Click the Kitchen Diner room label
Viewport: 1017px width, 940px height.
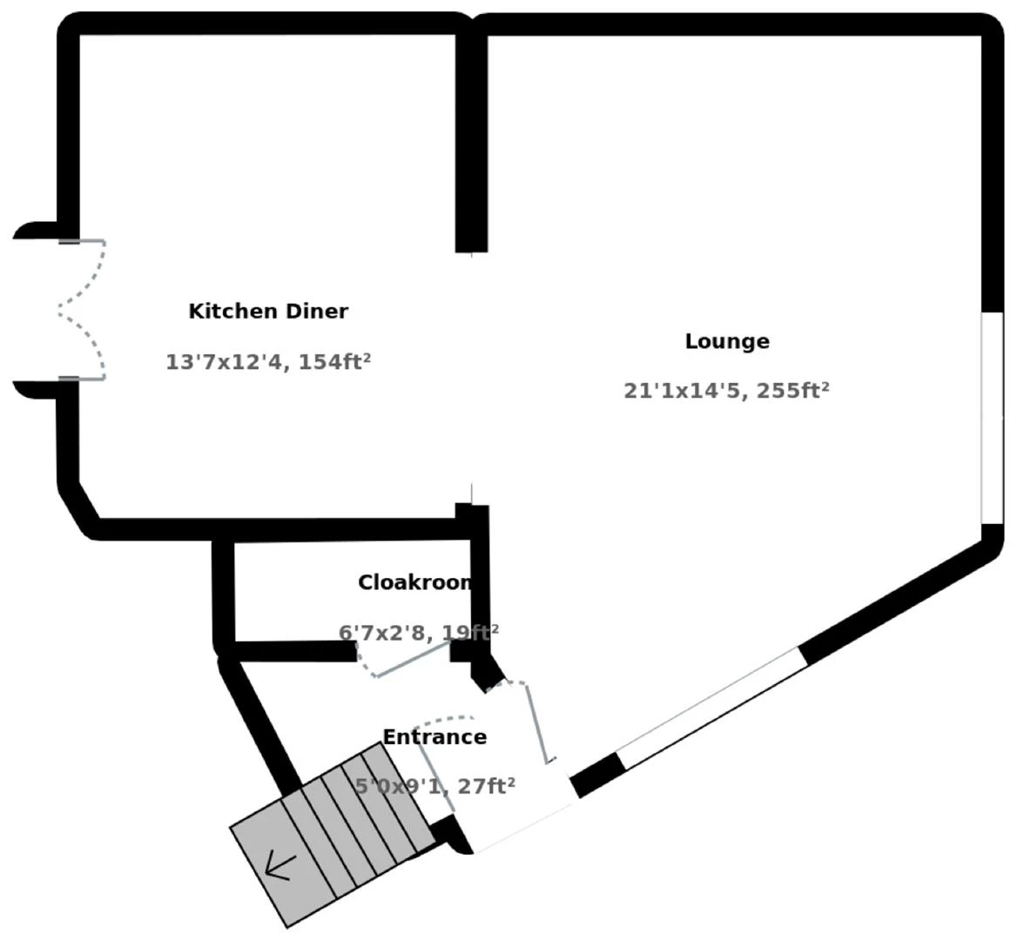coord(268,311)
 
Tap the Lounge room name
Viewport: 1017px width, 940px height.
coord(727,341)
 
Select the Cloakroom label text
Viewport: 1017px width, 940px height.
coord(414,582)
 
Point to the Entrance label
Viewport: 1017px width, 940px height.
coord(434,737)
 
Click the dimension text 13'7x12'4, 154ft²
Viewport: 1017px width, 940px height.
coord(268,362)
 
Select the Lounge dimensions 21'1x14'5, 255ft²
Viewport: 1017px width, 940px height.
coord(726,391)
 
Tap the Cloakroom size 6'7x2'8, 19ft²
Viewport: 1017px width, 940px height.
coord(418,632)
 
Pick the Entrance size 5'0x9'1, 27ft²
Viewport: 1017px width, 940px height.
coord(434,787)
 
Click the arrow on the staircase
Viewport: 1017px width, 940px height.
coord(280,866)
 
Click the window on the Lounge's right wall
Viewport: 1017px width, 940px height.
coord(992,418)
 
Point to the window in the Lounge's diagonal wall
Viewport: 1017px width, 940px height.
coord(710,707)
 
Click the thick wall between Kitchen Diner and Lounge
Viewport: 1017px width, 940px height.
coord(471,139)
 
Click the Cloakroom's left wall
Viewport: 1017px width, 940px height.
coord(224,592)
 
